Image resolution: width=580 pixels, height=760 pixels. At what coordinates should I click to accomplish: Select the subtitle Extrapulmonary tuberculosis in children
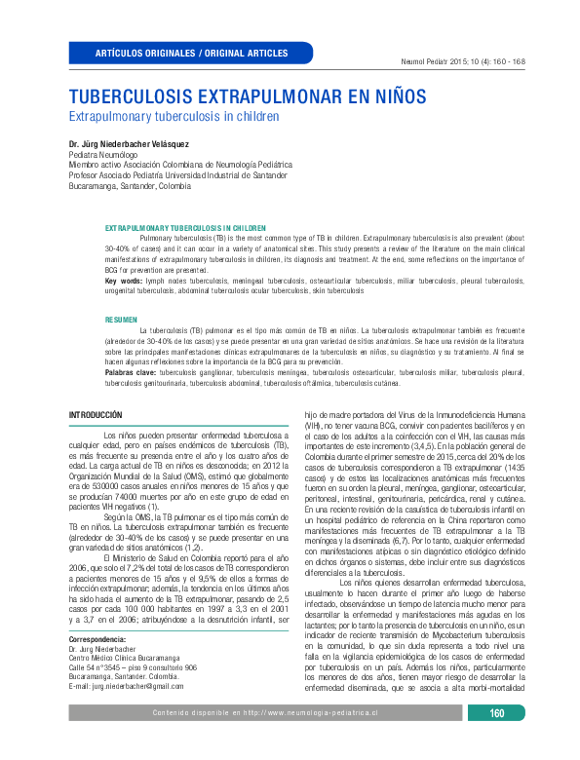pyautogui.click(x=173, y=116)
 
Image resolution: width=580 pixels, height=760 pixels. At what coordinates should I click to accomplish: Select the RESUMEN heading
pyautogui.click(x=122, y=320)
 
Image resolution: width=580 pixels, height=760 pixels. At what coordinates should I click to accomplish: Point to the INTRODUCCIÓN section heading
pyautogui.click(x=101, y=415)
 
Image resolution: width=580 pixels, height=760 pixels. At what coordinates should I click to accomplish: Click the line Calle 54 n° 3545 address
pyautogui.click(x=133, y=666)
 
